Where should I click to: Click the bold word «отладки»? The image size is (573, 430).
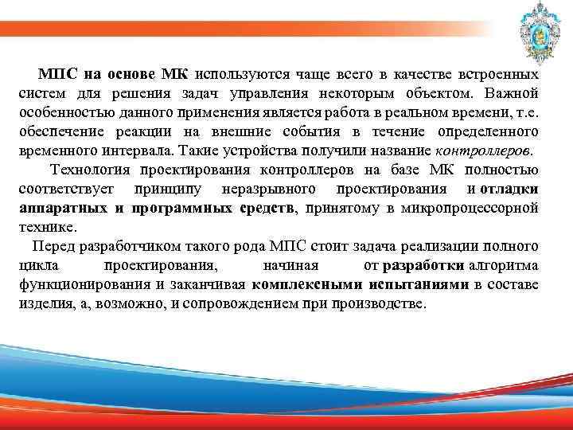509,189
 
